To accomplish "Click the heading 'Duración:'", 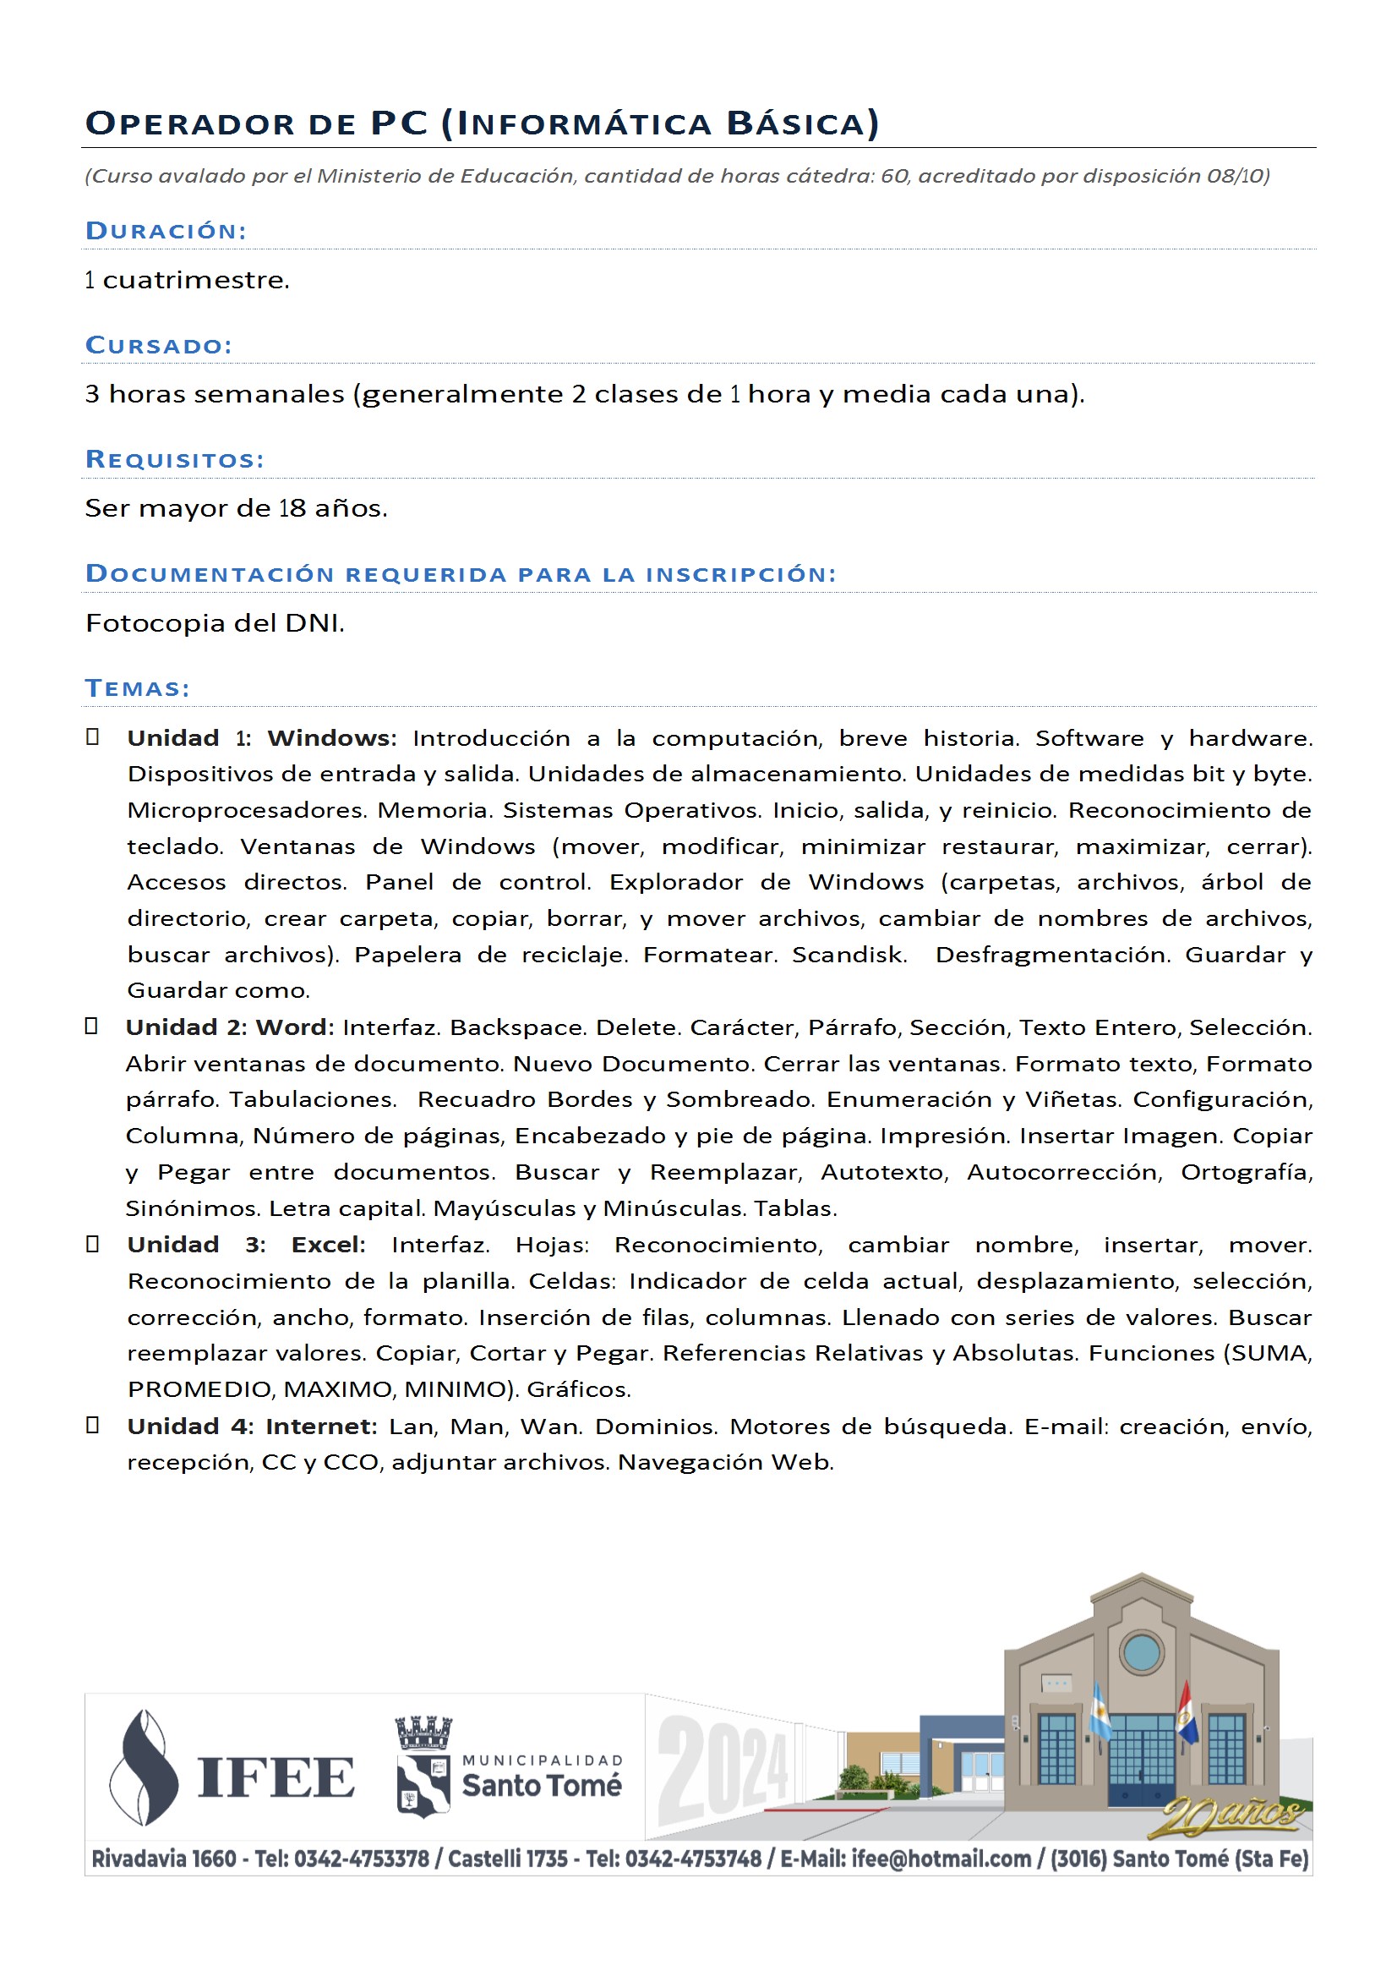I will tap(166, 231).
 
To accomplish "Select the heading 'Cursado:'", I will tap(159, 345).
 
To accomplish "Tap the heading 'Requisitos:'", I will tap(175, 460).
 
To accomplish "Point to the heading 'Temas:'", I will tap(138, 688).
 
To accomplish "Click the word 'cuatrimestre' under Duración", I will tap(195, 280).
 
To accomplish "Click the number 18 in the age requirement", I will tap(292, 508).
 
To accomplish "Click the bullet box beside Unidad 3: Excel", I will tap(93, 1243).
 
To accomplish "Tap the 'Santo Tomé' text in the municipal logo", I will tap(542, 1786).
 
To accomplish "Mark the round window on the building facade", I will tap(1142, 1652).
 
